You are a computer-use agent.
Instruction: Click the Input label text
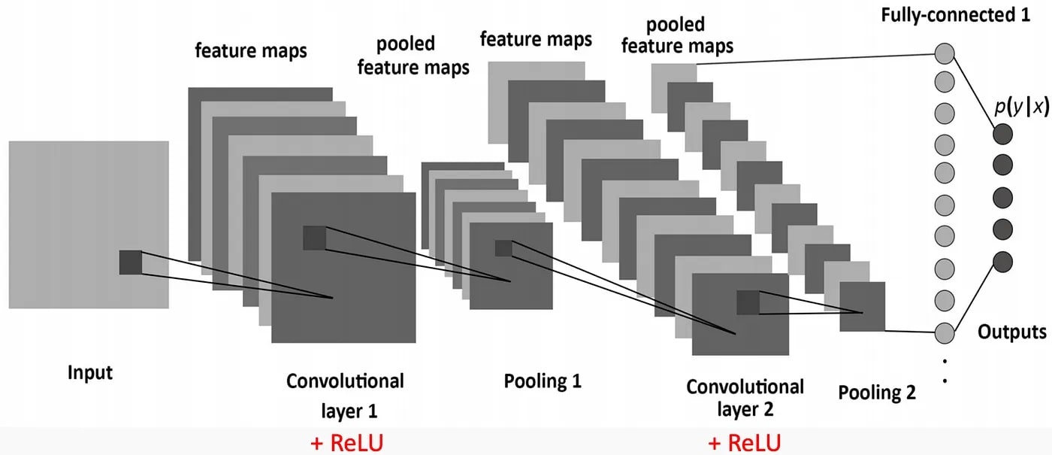tap(90, 373)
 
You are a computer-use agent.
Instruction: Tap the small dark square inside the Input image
tap(130, 262)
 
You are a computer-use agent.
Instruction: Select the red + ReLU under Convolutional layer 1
tap(346, 442)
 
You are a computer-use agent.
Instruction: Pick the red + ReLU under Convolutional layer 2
tap(744, 442)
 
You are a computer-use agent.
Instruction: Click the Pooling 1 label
tap(543, 381)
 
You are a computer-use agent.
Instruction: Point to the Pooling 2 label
tap(877, 392)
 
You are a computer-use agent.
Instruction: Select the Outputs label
tap(1011, 332)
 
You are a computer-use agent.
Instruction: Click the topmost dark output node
tap(1002, 135)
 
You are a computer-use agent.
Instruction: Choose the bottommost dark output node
tap(1002, 262)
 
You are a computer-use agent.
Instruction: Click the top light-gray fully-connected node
tap(945, 54)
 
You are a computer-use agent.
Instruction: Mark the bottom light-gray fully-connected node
tap(945, 332)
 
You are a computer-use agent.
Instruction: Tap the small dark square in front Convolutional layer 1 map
tap(314, 238)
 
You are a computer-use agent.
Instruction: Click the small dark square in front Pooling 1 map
tap(503, 248)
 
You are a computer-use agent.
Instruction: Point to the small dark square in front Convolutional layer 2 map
tap(748, 302)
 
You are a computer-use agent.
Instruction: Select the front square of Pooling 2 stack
tap(862, 306)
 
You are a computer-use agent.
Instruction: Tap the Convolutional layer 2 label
tap(745, 399)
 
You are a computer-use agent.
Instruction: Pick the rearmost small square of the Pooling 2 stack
tap(673, 77)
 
